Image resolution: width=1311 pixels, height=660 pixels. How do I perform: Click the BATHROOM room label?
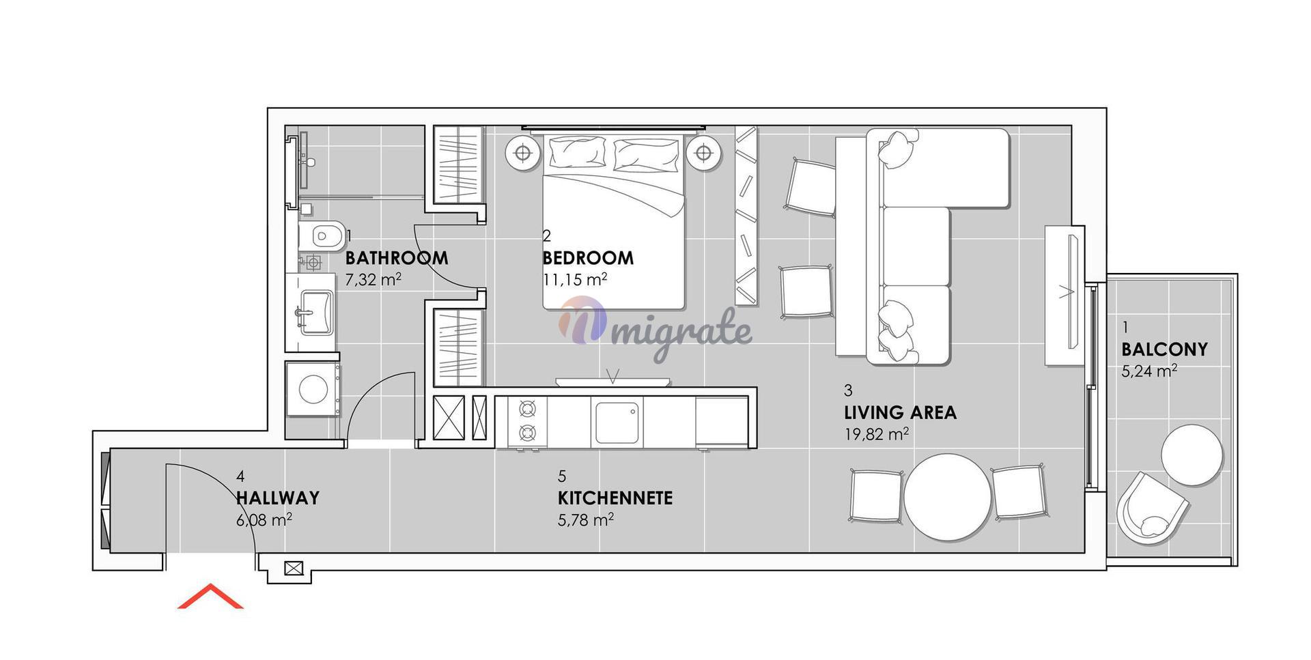pyautogui.click(x=397, y=258)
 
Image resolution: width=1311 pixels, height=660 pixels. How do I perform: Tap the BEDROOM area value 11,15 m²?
pyautogui.click(x=575, y=279)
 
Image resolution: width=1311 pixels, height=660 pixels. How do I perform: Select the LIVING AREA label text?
pyautogui.click(x=900, y=412)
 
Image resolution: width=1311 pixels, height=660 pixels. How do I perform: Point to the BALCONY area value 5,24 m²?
pyautogui.click(x=1149, y=371)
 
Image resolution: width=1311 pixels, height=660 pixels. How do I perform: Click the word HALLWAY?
pyautogui.click(x=278, y=498)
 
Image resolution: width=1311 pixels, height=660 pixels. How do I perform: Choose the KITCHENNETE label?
pyautogui.click(x=615, y=498)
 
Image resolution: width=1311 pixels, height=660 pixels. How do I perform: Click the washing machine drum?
pyautogui.click(x=313, y=389)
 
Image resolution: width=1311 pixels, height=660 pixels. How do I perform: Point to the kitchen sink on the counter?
pyautogui.click(x=617, y=423)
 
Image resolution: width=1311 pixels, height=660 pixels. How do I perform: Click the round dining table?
pyautogui.click(x=948, y=498)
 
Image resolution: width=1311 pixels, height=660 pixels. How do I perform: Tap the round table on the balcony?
pyautogui.click(x=1192, y=455)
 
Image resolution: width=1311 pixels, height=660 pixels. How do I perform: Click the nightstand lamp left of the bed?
pyautogui.click(x=523, y=154)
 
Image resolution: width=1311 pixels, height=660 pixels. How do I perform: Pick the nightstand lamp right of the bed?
pyautogui.click(x=704, y=154)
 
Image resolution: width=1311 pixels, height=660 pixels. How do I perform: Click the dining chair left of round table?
pyautogui.click(x=877, y=496)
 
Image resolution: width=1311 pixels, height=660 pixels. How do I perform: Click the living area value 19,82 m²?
pyautogui.click(x=877, y=434)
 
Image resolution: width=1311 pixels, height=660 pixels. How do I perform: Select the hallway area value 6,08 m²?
pyautogui.click(x=264, y=520)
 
